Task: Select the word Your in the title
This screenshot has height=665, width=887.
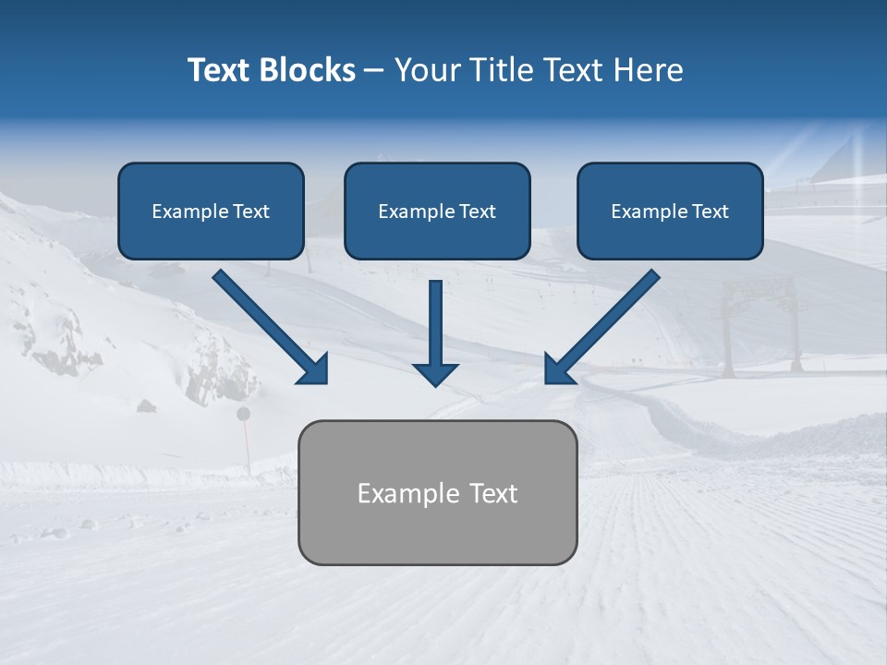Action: pos(424,70)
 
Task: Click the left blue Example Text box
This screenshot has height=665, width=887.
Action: pos(211,211)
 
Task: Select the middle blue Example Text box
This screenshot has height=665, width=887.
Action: pos(437,211)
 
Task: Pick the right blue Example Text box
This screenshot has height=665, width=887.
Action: pos(670,211)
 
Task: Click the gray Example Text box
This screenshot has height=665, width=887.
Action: pos(437,492)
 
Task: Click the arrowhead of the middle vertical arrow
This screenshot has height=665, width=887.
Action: pos(436,373)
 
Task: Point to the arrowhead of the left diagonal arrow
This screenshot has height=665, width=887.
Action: pos(314,369)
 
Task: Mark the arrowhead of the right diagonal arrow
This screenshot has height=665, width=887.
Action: pos(558,369)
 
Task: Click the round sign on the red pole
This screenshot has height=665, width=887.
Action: pos(244,414)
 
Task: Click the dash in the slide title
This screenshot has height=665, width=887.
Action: pos(374,70)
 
